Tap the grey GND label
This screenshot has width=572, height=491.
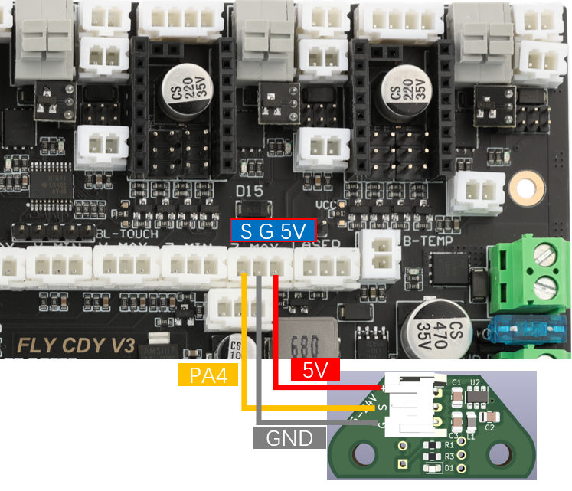[x=289, y=438]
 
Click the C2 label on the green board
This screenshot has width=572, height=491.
[x=491, y=427]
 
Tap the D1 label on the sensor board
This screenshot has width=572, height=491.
[x=449, y=467]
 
